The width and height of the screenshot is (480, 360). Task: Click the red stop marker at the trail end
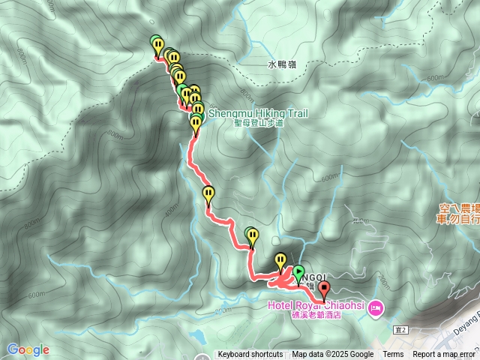324,289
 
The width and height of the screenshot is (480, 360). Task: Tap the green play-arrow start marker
298,274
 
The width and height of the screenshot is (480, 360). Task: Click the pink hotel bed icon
376,307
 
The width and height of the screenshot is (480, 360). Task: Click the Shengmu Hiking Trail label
258,113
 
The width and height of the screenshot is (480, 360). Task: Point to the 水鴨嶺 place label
282,64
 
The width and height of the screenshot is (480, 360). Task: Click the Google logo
28,349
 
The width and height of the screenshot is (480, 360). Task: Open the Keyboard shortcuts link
250,355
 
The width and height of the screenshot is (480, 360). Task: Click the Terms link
393,355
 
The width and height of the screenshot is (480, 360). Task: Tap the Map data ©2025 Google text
333,355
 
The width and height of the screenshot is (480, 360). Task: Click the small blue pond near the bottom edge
197,335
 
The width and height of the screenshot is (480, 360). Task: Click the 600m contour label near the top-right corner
435,78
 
